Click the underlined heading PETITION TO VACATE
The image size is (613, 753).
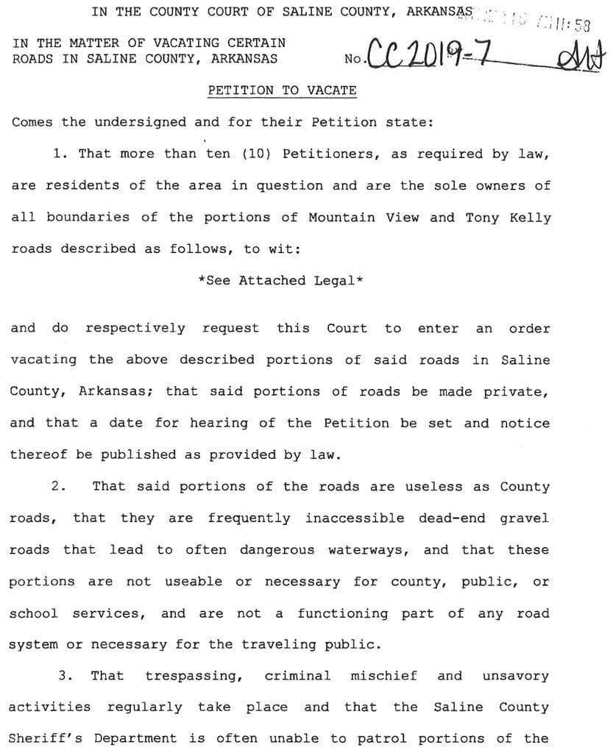(282, 90)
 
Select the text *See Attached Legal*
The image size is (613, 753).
(281, 281)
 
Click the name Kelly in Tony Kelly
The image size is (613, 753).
(529, 218)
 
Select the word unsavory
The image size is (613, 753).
(515, 676)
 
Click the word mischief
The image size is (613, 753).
(383, 676)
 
